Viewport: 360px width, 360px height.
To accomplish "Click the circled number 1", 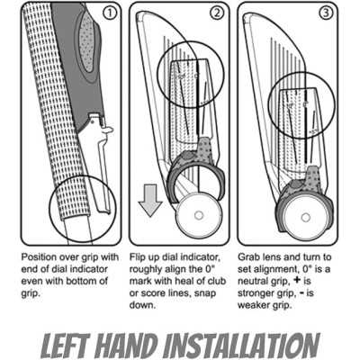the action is point(110,13).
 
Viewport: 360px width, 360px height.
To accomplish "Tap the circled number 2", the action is point(218,13).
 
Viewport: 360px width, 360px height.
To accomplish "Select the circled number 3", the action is point(327,13).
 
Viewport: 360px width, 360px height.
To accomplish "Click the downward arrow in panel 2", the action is point(150,201).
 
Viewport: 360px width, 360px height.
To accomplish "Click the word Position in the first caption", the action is point(39,258).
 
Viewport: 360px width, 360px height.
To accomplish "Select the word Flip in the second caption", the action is point(139,258).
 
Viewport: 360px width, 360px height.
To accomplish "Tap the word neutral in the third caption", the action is point(255,282).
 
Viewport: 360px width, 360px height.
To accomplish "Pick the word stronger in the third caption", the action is point(256,294).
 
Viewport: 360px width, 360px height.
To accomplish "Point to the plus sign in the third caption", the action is point(297,281).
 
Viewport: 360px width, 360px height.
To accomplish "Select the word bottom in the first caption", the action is point(82,282).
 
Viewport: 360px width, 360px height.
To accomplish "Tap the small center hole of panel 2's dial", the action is point(198,215).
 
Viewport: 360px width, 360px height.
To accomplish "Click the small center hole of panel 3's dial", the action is point(305,217).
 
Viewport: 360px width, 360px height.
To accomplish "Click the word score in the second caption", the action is point(154,293).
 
